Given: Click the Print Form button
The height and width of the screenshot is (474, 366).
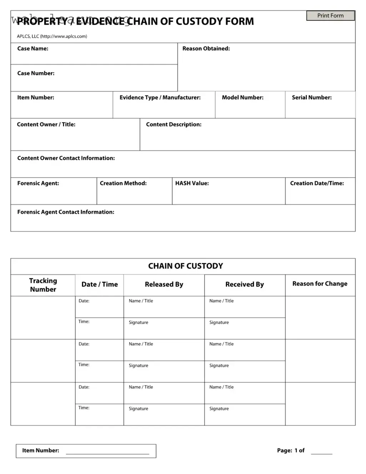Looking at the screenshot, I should pyautogui.click(x=330, y=16).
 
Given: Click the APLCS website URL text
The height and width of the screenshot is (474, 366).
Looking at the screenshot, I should pyautogui.click(x=64, y=36).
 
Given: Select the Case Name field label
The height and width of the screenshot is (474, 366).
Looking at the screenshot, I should pyautogui.click(x=33, y=49).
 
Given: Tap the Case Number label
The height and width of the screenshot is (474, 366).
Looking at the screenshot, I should pyautogui.click(x=36, y=73).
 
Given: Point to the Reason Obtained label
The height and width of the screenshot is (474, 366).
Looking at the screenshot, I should pyautogui.click(x=206, y=49).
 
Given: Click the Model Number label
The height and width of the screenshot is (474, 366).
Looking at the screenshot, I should pyautogui.click(x=242, y=98).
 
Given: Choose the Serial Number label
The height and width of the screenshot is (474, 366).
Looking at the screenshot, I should pyautogui.click(x=311, y=98).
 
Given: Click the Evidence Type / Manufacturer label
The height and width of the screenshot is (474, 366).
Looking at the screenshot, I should pyautogui.click(x=160, y=98).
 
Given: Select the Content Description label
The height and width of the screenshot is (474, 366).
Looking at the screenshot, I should pyautogui.click(x=174, y=124).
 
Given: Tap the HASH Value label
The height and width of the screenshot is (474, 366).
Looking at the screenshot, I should pyautogui.click(x=192, y=183).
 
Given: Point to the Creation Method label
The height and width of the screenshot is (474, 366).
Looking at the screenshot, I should pyautogui.click(x=123, y=183).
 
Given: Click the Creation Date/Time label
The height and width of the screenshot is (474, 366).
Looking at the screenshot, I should pyautogui.click(x=317, y=183).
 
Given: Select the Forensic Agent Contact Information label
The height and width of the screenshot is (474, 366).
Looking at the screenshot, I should pyautogui.click(x=66, y=212).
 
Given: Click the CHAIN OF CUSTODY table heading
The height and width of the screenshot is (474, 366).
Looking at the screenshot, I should pyautogui.click(x=185, y=266).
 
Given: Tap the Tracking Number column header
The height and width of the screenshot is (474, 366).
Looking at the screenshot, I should pyautogui.click(x=43, y=285).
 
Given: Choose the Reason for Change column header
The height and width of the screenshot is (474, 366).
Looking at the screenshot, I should pyautogui.click(x=320, y=284).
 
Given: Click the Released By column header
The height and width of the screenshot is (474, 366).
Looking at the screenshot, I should pyautogui.click(x=164, y=284).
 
